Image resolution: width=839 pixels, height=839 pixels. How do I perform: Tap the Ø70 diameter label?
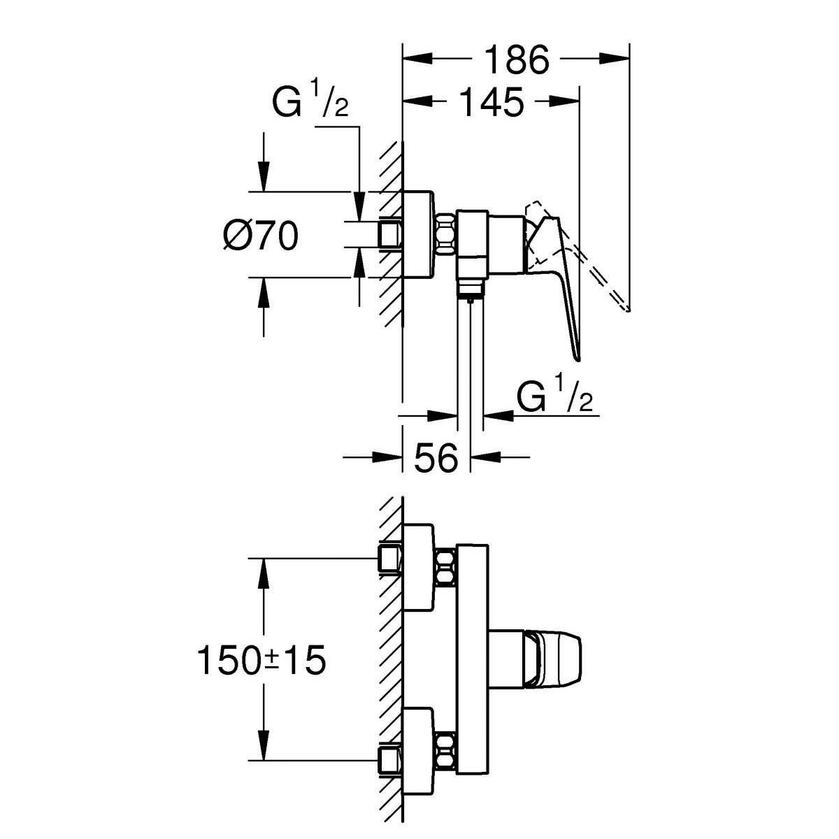(x=261, y=235)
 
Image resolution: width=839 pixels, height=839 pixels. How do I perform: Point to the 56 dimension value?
(x=436, y=459)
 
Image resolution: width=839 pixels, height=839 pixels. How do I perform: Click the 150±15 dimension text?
(x=261, y=660)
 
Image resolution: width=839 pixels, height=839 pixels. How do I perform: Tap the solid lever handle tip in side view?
(x=577, y=357)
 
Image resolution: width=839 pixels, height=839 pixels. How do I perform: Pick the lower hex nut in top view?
(x=445, y=752)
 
